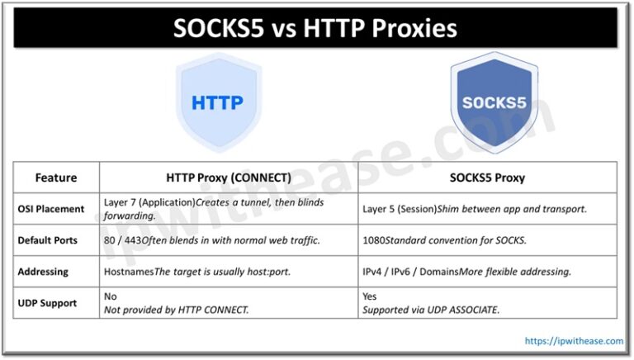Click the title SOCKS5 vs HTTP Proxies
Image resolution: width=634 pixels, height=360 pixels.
point(315,28)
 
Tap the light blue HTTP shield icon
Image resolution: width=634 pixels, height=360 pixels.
point(217,103)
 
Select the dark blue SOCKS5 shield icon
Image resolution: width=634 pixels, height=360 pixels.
point(493,103)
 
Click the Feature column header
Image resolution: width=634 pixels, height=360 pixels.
point(56,178)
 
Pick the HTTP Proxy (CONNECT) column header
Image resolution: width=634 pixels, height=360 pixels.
point(229,178)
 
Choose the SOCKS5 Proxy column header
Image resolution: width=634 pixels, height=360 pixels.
point(487,178)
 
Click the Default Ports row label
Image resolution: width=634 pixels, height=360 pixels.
point(56,240)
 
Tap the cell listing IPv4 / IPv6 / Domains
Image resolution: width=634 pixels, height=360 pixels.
point(467,272)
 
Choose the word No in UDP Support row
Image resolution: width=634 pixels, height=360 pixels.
point(111,296)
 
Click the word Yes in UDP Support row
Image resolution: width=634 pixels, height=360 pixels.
point(370,296)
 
